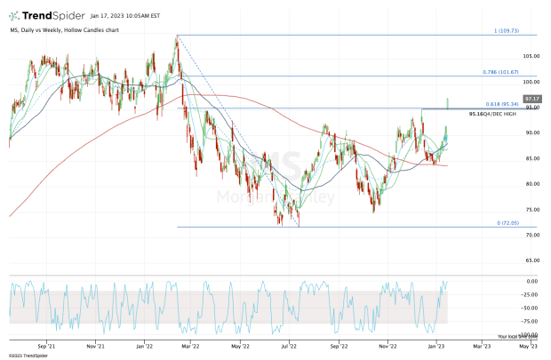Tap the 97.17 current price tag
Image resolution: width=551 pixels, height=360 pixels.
point(533,98)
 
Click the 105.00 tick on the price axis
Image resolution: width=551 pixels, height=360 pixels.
point(532,56)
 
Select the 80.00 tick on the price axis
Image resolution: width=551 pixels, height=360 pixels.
point(532,184)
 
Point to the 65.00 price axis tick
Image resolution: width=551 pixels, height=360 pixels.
point(532,260)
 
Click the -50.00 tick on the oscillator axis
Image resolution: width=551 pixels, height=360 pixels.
point(532,308)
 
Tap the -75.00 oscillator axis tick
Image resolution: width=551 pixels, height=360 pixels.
point(532,321)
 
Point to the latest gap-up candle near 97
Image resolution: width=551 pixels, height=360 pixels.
point(449,102)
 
